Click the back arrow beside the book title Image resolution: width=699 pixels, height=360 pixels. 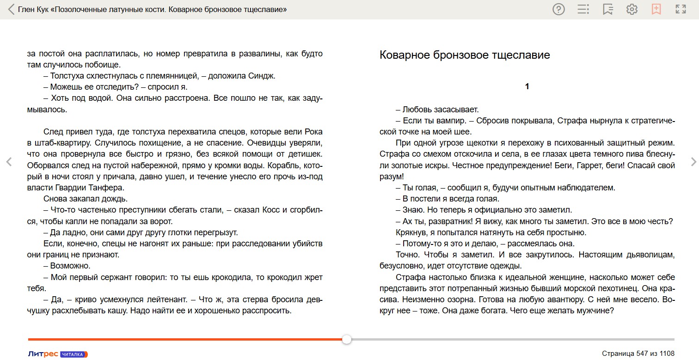click(x=11, y=9)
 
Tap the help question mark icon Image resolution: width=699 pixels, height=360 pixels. click(x=558, y=9)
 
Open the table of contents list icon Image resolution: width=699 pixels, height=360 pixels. click(x=583, y=9)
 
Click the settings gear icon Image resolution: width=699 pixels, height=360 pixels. click(x=632, y=9)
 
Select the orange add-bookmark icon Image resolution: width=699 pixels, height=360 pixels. click(x=656, y=9)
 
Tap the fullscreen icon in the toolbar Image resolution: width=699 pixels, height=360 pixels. click(x=681, y=9)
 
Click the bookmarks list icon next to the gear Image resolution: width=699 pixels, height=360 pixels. click(x=607, y=9)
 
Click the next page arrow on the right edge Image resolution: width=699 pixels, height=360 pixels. click(x=693, y=162)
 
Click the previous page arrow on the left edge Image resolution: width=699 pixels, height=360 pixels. click(x=8, y=162)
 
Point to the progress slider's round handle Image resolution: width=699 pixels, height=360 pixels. click(x=347, y=340)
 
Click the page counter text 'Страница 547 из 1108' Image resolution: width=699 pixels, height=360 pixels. click(x=638, y=354)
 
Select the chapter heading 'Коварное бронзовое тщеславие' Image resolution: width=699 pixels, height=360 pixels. click(x=465, y=55)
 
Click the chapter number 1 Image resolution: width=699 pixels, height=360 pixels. click(x=527, y=86)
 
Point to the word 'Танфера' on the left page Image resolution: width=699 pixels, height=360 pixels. click(x=110, y=188)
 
